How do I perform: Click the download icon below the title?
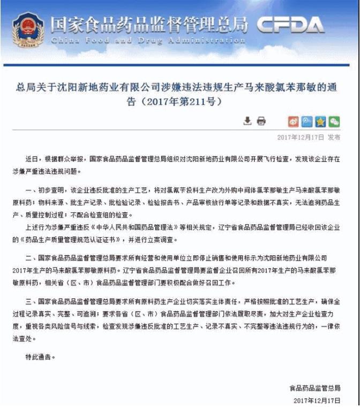pyautogui.click(x=247, y=121)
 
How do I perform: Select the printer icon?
pyautogui.click(x=261, y=121)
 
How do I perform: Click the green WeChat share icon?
pyautogui.click(x=334, y=121)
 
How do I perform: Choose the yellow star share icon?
pyautogui.click(x=320, y=121)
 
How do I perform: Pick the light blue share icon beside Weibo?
pyautogui.click(x=307, y=121)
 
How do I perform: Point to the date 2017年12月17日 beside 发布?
pyautogui.click(x=301, y=137)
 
